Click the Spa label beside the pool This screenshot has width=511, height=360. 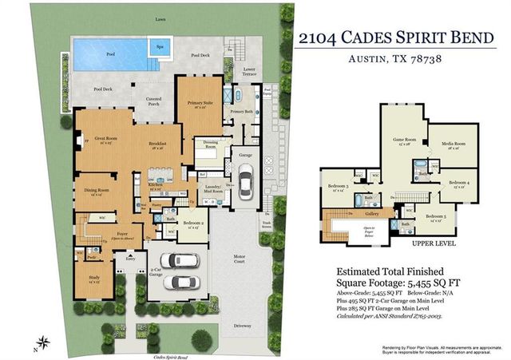tap(160, 47)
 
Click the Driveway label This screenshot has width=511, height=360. tap(240, 325)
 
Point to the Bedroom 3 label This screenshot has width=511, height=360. tap(337, 188)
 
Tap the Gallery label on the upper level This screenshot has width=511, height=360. tap(373, 214)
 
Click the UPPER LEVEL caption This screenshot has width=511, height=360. tap(434, 243)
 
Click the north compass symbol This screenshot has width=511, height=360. tap(45, 344)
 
